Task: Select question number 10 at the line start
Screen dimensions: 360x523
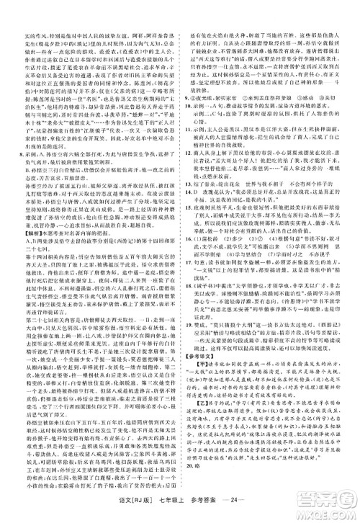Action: [x=187, y=113]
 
